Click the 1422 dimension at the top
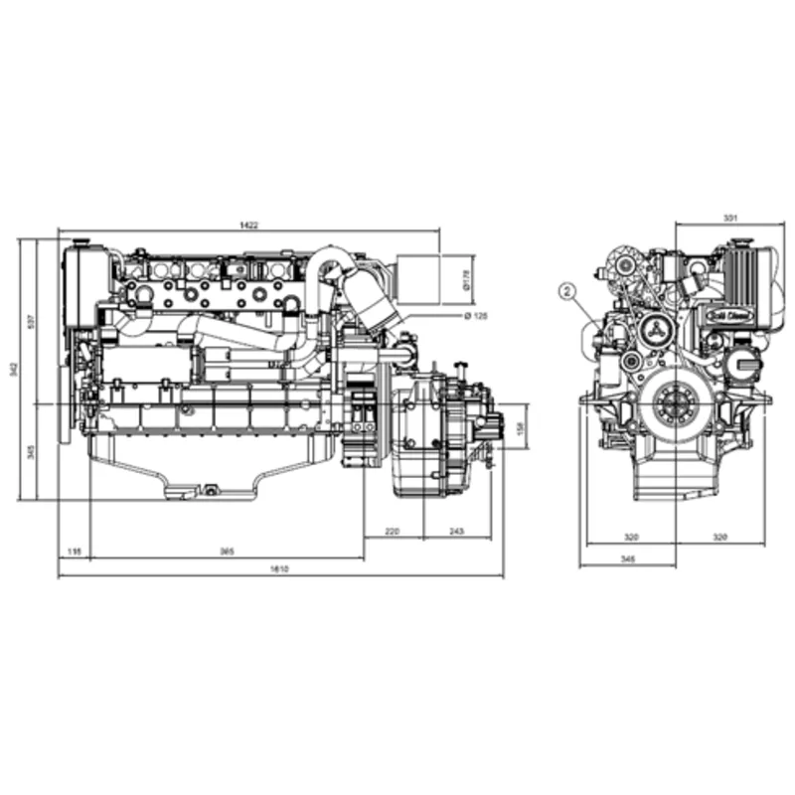[248, 227]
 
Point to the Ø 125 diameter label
[477, 316]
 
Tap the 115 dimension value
[74, 552]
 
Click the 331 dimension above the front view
[730, 217]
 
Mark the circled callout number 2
[566, 291]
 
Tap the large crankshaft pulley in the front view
[676, 406]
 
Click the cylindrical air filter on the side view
[424, 280]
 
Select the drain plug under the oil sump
[210, 488]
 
